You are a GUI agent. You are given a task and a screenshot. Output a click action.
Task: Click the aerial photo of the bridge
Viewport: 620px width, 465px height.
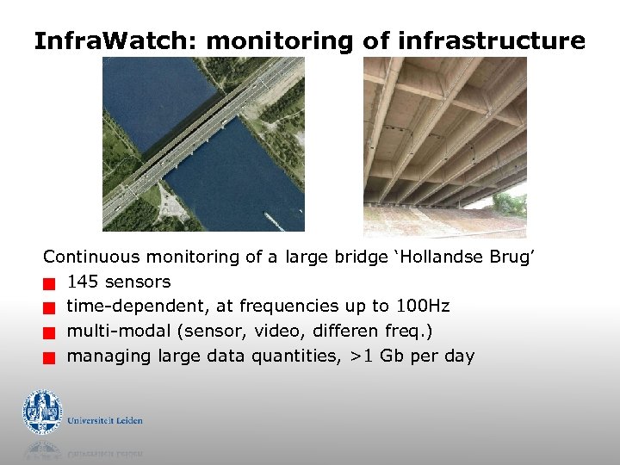pos(203,144)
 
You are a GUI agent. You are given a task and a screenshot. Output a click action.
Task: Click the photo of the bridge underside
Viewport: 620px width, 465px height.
pos(444,146)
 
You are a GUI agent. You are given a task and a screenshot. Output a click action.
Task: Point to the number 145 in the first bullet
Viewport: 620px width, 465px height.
pos(83,282)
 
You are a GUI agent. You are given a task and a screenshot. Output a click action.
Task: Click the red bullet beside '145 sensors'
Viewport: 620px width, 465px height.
pos(50,282)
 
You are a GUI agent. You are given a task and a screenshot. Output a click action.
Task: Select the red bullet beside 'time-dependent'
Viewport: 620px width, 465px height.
pos(50,307)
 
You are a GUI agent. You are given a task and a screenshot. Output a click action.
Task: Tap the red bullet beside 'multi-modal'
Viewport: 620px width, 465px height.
pos(50,332)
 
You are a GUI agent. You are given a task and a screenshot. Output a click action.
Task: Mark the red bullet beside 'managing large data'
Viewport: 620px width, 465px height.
pos(50,357)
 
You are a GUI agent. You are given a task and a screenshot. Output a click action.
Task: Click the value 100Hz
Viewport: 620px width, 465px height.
pos(423,307)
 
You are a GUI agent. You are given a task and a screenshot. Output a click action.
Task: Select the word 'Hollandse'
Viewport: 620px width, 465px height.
pos(438,257)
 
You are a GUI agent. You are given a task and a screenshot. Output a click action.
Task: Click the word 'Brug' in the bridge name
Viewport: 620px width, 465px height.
pos(513,257)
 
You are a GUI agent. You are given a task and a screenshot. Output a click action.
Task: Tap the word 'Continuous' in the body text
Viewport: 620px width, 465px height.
pos(92,257)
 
